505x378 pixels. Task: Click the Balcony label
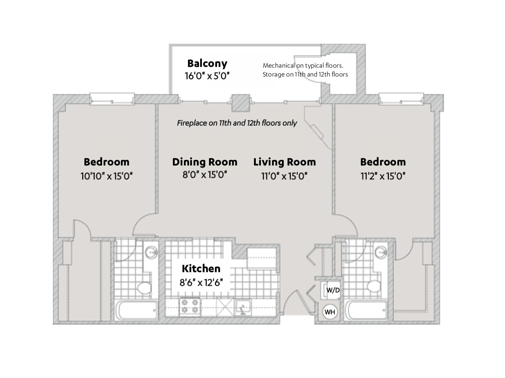[x=207, y=63]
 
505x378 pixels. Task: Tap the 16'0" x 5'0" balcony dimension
[x=207, y=76]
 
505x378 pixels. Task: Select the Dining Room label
[x=205, y=162]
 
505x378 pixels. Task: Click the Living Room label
[x=284, y=162]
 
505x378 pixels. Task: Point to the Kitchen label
[x=201, y=268]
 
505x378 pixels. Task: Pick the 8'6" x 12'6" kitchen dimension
[x=201, y=282]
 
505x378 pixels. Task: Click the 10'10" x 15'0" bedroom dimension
[x=107, y=176]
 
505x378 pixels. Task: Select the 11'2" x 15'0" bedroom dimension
[x=383, y=176]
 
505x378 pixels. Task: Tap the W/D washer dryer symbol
[x=332, y=290]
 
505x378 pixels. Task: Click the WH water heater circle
[x=330, y=312]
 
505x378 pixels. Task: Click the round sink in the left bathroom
[x=151, y=252]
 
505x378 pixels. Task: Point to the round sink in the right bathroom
[x=381, y=252]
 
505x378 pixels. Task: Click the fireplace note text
[x=237, y=123]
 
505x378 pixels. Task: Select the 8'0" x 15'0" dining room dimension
[x=205, y=175]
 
